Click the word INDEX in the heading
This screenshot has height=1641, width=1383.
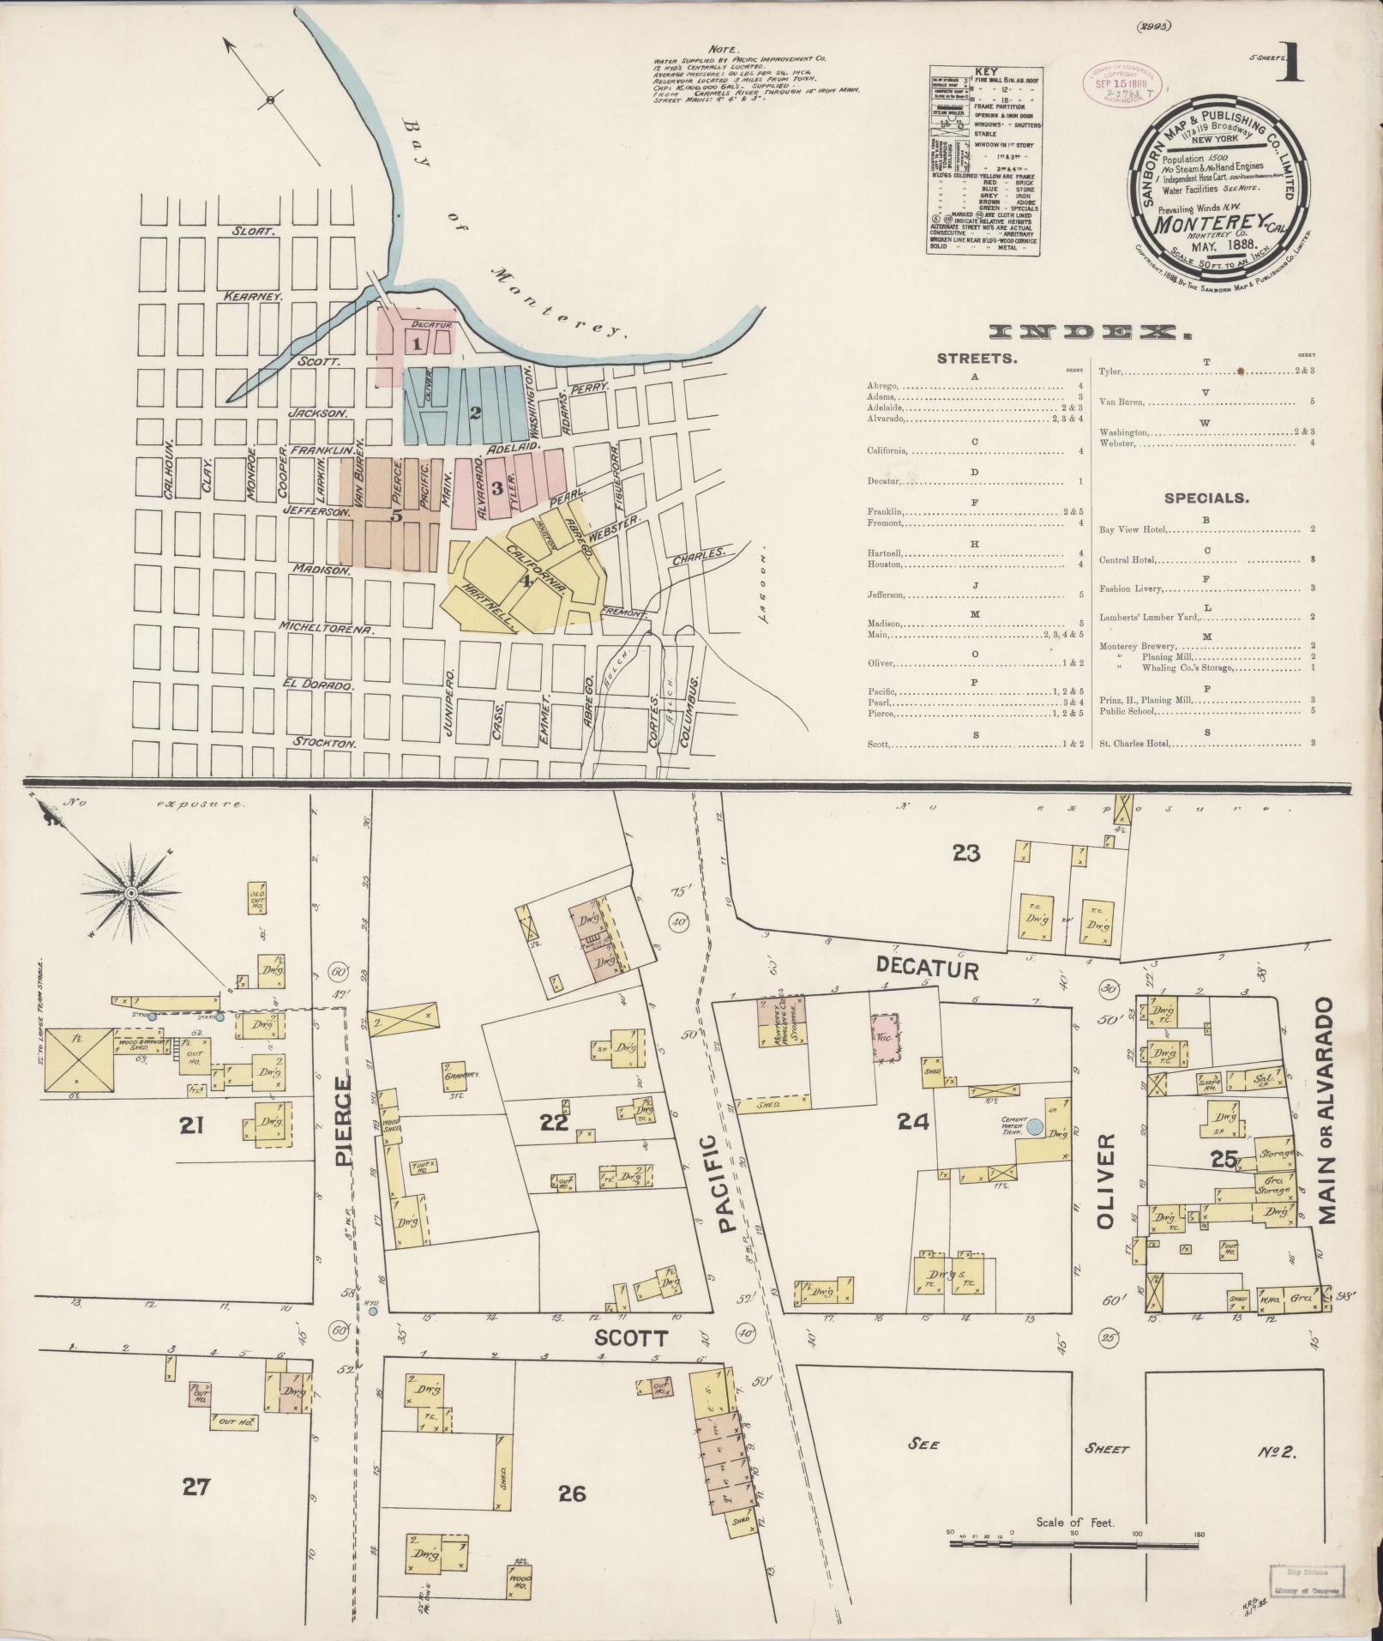[1089, 333]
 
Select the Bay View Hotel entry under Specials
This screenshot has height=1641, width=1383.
[1135, 529]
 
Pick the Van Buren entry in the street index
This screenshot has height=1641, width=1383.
[1123, 401]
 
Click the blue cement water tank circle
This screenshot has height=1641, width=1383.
[1035, 1127]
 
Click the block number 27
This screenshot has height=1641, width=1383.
[197, 1486]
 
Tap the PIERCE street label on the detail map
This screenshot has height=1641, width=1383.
[343, 1124]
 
